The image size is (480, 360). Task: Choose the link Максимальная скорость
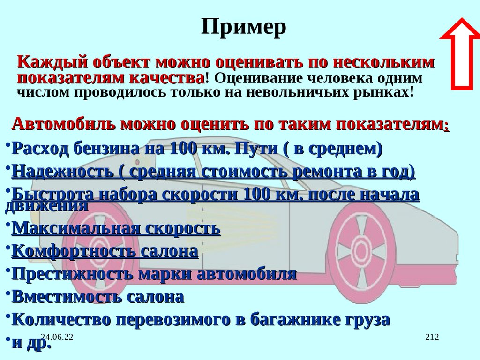tap(116, 228)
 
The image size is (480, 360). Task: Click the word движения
tap(47, 205)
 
